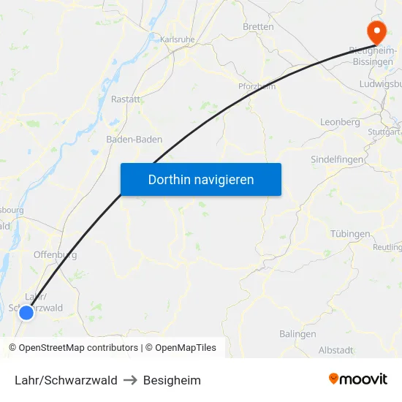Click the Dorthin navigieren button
(201, 179)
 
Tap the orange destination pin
(377, 30)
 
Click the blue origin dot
(26, 313)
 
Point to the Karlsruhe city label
(176, 38)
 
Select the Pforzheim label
(257, 86)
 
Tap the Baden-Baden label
(134, 139)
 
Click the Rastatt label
(126, 99)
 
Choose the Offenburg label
(56, 255)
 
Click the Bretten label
(258, 27)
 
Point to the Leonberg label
(340, 122)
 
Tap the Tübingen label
(350, 234)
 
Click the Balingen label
(297, 334)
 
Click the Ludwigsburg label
(380, 85)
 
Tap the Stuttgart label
(384, 132)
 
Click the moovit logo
(358, 379)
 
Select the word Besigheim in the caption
(172, 380)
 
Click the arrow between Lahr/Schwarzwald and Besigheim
(131, 380)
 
